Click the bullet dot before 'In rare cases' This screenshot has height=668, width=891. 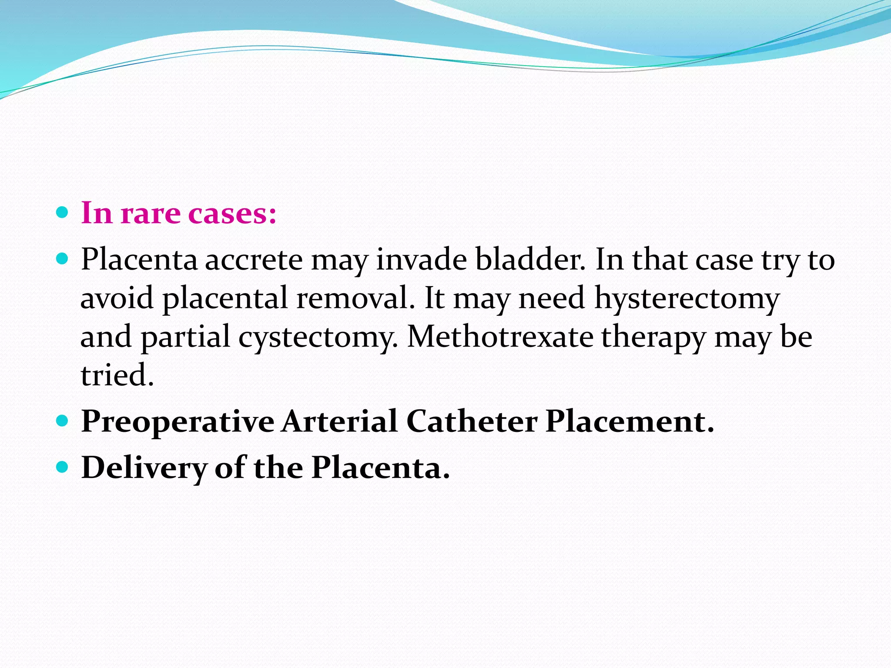pyautogui.click(x=63, y=212)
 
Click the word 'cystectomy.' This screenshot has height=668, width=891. pyautogui.click(x=318, y=337)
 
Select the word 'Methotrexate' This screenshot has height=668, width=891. pyautogui.click(x=500, y=337)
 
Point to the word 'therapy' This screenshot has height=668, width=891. pyautogui.click(x=653, y=337)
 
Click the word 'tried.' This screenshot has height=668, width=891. pyautogui.click(x=117, y=375)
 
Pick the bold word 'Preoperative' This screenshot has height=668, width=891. pyautogui.click(x=178, y=422)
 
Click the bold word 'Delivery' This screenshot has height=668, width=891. pyautogui.click(x=144, y=468)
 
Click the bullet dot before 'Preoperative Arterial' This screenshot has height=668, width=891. pyautogui.click(x=63, y=421)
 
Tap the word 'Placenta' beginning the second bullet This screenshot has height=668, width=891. pyautogui.click(x=139, y=260)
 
